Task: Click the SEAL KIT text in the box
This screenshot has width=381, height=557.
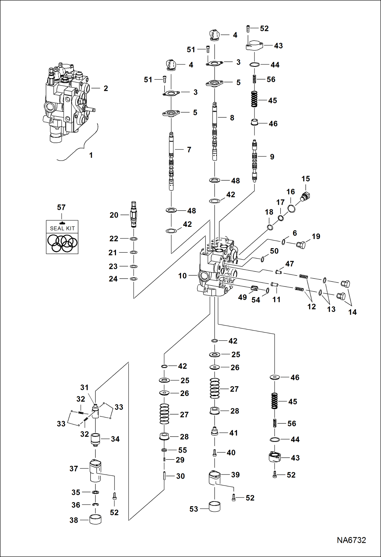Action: pyautogui.click(x=62, y=228)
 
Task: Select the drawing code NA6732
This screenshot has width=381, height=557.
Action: pyautogui.click(x=351, y=540)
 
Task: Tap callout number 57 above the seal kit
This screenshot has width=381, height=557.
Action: pyautogui.click(x=61, y=208)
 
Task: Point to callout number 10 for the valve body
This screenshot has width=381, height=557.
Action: pyautogui.click(x=182, y=276)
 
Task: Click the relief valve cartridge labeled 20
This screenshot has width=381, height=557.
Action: pyautogui.click(x=134, y=214)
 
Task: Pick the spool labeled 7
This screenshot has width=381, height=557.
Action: pyautogui.click(x=171, y=161)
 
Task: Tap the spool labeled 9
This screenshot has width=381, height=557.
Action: pyautogui.click(x=254, y=161)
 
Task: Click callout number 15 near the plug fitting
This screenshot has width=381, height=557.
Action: pyautogui.click(x=306, y=179)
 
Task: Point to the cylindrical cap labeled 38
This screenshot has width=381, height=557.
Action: pyautogui.click(x=95, y=519)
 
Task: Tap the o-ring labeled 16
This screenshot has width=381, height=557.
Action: pyautogui.click(x=291, y=209)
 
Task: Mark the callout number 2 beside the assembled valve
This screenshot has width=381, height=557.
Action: pyautogui.click(x=106, y=88)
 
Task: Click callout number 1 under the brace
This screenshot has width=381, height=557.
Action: pyautogui.click(x=91, y=155)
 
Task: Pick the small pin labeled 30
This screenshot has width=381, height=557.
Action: pyautogui.click(x=164, y=476)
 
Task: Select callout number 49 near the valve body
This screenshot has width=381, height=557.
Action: pyautogui.click(x=242, y=297)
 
